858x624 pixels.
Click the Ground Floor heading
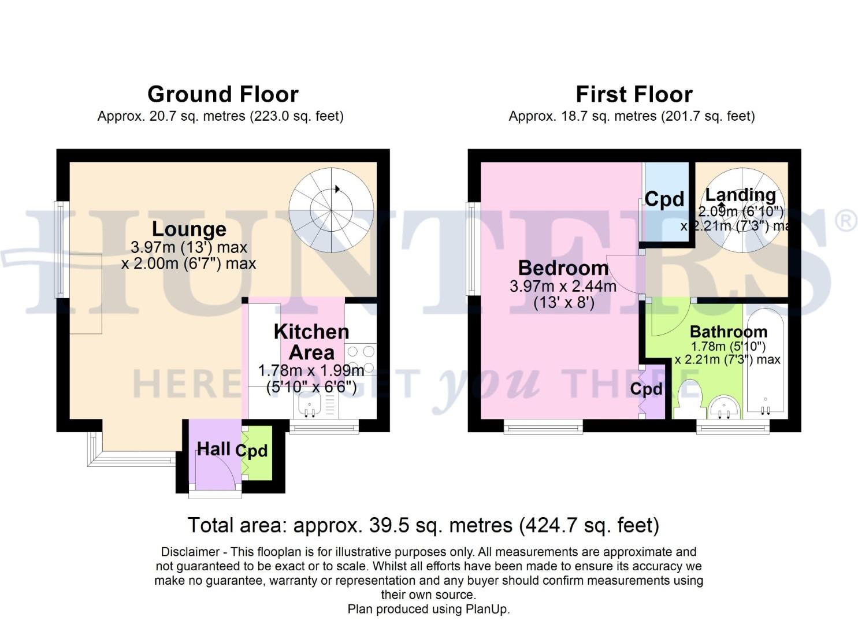[222, 94]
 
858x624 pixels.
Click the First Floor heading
[634, 94]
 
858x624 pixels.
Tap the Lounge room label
[189, 229]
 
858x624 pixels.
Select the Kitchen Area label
[311, 341]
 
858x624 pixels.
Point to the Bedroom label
[563, 268]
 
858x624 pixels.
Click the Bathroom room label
[728, 332]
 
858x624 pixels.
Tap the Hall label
[213, 448]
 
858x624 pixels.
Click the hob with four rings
[361, 359]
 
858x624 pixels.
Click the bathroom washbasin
[724, 407]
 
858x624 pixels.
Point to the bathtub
[765, 364]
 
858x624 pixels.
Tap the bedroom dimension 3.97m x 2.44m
[563, 286]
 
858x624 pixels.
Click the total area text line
[423, 525]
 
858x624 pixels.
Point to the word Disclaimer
[190, 552]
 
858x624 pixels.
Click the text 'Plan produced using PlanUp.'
[428, 609]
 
